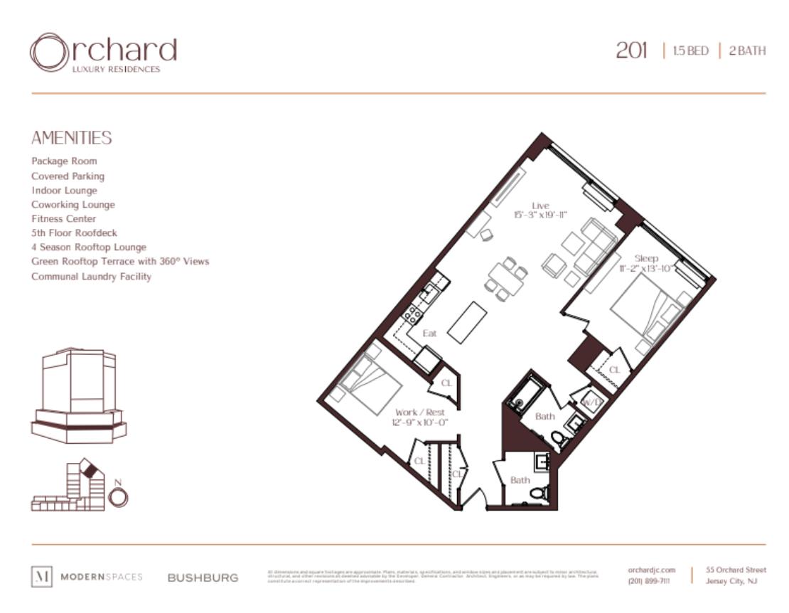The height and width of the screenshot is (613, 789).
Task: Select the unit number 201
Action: (631, 51)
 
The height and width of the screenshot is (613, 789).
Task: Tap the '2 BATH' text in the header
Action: (747, 51)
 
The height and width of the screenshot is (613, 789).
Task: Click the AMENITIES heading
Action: (71, 138)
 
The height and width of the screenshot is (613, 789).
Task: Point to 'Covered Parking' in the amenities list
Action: (68, 176)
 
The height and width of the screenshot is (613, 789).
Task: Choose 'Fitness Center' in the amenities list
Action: (63, 218)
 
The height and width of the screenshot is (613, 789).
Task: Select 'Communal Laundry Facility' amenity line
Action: (91, 276)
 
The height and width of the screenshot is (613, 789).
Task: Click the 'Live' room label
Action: (540, 206)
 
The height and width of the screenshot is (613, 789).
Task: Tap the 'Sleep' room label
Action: (646, 258)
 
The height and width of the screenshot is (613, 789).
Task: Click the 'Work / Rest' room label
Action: (420, 412)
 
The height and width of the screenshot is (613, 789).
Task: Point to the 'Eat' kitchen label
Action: (429, 333)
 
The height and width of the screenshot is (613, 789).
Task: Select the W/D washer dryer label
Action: (591, 402)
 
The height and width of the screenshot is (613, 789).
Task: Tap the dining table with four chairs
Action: (506, 278)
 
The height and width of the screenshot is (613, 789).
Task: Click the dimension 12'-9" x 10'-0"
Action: (420, 422)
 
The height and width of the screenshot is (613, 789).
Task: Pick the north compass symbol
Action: (119, 496)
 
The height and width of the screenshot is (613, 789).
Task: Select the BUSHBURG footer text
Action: (203, 577)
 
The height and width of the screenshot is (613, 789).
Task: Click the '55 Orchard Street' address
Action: (736, 570)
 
